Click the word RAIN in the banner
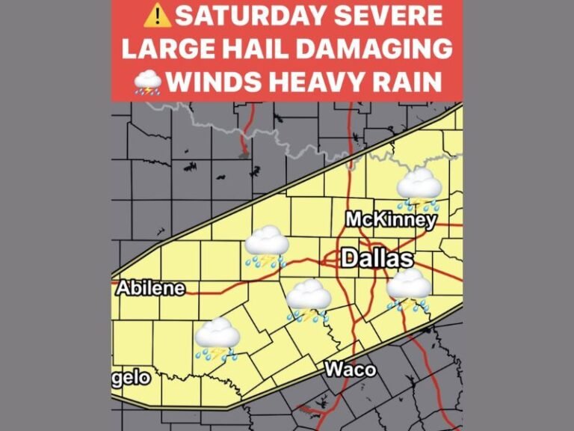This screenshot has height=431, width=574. pyautogui.click(x=412, y=81)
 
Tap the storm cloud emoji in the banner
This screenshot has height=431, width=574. pyautogui.click(x=147, y=82)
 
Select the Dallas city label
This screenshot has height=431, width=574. pyautogui.click(x=377, y=259)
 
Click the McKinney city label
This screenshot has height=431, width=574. pyautogui.click(x=390, y=220)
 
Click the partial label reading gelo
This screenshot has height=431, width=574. pyautogui.click(x=132, y=377)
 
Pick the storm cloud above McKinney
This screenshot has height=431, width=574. pyautogui.click(x=419, y=188)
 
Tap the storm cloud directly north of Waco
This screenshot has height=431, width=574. pyautogui.click(x=309, y=300)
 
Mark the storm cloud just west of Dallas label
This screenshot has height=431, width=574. pyautogui.click(x=267, y=246)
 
